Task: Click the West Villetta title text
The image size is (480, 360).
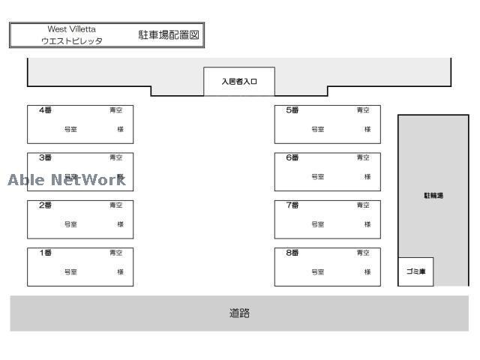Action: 72,29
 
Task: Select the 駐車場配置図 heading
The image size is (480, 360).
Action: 169,34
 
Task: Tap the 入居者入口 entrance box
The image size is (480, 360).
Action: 239,82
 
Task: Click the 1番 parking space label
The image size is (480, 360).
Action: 46,253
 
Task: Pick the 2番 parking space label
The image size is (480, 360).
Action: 46,205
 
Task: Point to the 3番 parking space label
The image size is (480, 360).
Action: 46,157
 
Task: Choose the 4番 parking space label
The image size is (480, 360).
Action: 46,110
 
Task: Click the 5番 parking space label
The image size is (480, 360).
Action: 292,110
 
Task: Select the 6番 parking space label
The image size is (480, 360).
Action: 292,157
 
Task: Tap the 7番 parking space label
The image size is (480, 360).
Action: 292,205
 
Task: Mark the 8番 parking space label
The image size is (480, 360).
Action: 292,253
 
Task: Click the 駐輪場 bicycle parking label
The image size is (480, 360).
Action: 433,196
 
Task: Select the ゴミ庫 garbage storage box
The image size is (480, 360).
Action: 415,271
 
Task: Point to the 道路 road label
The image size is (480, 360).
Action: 239,313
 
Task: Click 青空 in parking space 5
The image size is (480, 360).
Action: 363,110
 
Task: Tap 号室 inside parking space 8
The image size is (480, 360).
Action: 318,272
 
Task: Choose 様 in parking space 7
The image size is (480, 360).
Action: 367,224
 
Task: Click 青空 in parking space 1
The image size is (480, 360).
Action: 116,253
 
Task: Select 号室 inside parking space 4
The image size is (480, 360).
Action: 70,130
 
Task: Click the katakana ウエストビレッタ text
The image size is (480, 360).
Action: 72,41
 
